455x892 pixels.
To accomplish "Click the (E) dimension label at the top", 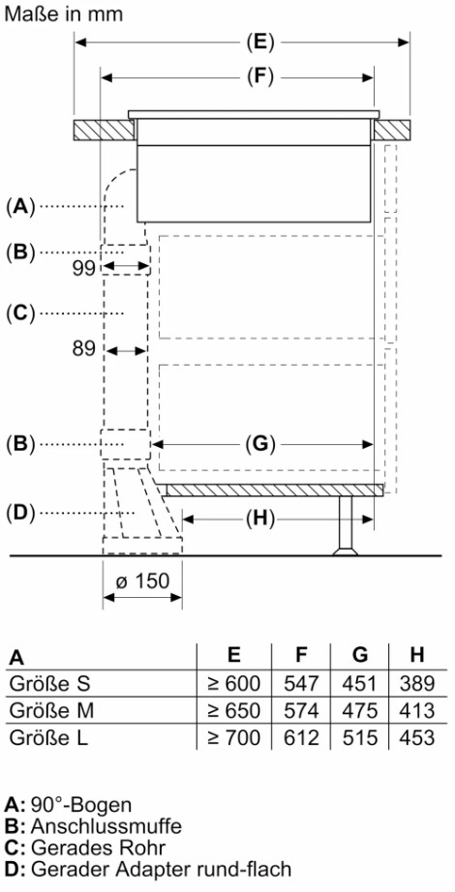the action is pyautogui.click(x=260, y=43).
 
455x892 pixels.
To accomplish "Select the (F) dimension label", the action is pyautogui.click(x=260, y=77).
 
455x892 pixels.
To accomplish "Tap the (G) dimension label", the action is pyautogui.click(x=260, y=444).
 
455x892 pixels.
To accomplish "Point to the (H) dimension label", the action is pyautogui.click(x=260, y=518).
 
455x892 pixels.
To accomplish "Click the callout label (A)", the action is pyautogui.click(x=20, y=206).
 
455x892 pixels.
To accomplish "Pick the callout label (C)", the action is pyautogui.click(x=21, y=312).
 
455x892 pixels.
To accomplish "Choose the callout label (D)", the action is pyautogui.click(x=21, y=513).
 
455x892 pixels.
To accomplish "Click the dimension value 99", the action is pyautogui.click(x=83, y=269).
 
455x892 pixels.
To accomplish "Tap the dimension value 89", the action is pyautogui.click(x=83, y=348).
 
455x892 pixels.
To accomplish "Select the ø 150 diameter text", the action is pyautogui.click(x=142, y=580).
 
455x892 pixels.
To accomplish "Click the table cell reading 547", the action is pyautogui.click(x=301, y=684).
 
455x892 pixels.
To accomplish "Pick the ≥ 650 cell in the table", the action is pyautogui.click(x=234, y=710).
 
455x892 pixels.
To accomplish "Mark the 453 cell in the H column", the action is pyautogui.click(x=417, y=737).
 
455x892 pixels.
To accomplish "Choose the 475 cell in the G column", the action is pyautogui.click(x=359, y=710).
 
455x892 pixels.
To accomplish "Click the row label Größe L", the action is pyautogui.click(x=48, y=737).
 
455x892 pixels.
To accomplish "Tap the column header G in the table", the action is pyautogui.click(x=360, y=655).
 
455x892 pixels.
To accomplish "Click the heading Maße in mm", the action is pyautogui.click(x=63, y=14).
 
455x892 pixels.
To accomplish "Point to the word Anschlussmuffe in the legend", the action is pyautogui.click(x=106, y=825).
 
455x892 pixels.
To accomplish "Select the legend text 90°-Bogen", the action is pyautogui.click(x=81, y=805).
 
